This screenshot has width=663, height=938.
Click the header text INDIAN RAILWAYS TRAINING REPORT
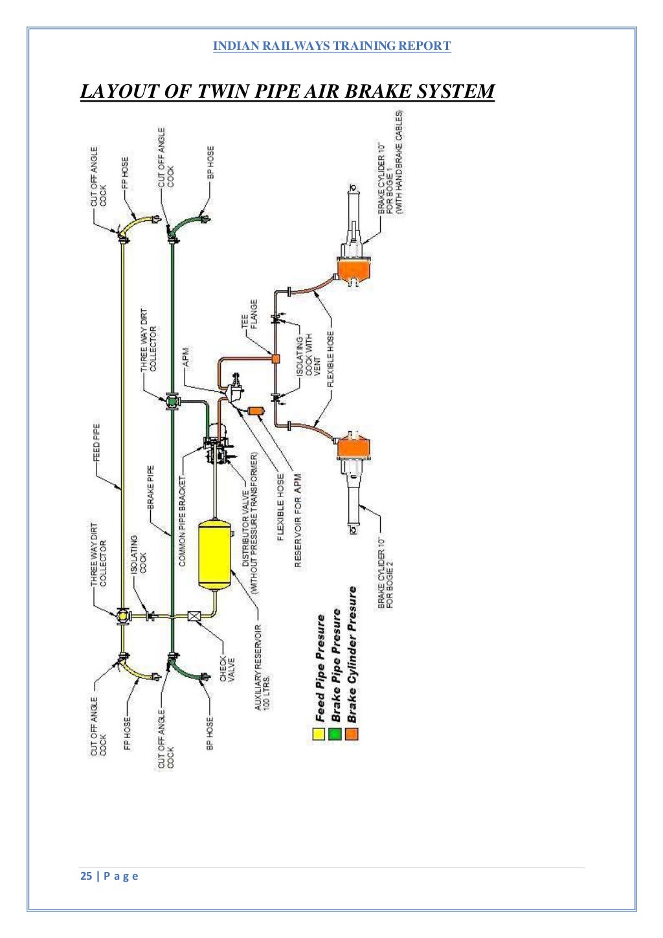pyautogui.click(x=331, y=46)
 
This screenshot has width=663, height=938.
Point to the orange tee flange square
pyautogui.click(x=275, y=358)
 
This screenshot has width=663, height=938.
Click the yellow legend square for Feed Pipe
pyautogui.click(x=319, y=733)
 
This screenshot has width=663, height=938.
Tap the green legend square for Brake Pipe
pyautogui.click(x=335, y=733)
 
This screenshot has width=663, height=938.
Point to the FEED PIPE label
pyautogui.click(x=96, y=443)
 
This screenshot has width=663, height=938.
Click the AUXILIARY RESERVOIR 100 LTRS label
pyautogui.click(x=262, y=667)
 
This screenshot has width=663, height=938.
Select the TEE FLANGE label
pyautogui.click(x=249, y=314)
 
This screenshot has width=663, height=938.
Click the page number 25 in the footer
pyautogui.click(x=86, y=876)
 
